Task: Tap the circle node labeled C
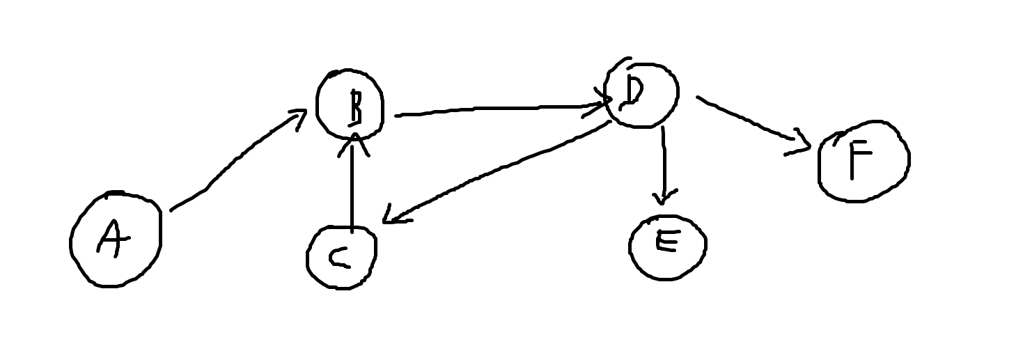coord(341,258)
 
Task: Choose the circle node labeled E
coord(667,246)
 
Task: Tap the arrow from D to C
coord(498,171)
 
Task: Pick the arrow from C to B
coord(353,188)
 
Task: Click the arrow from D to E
coord(664,164)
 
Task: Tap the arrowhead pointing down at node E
coord(664,198)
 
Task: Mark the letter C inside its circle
coord(340,258)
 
